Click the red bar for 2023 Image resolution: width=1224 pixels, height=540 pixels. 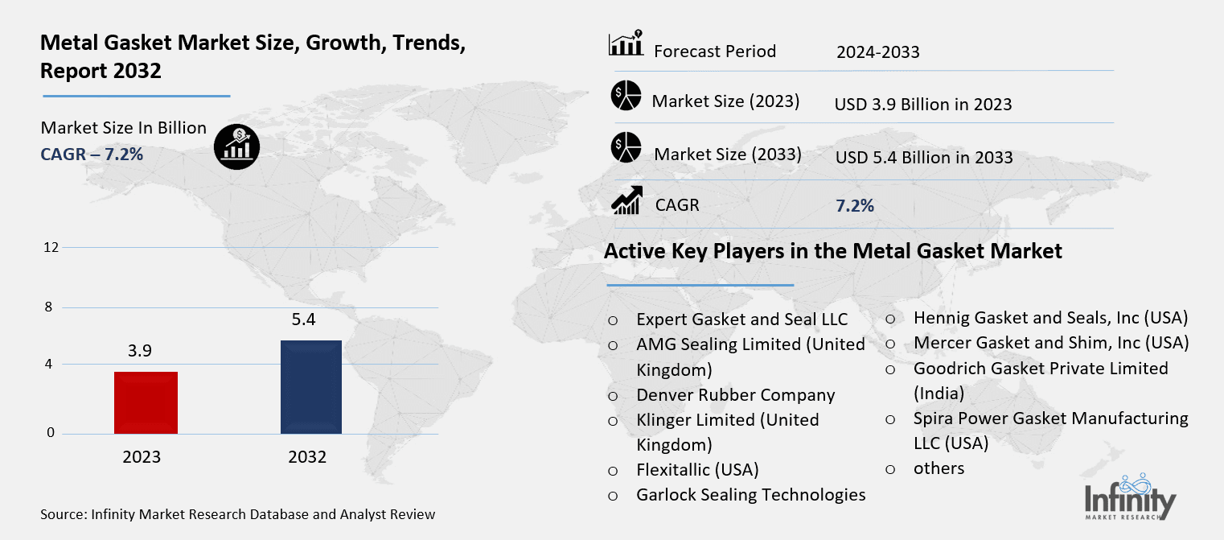click(146, 402)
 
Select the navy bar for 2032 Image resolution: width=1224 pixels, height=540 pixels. click(310, 387)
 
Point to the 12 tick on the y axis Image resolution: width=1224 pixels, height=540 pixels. click(51, 247)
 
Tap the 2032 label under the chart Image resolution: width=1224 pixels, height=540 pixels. click(307, 457)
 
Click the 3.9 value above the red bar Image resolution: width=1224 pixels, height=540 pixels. click(140, 351)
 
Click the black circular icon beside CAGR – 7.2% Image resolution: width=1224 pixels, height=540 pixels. click(236, 145)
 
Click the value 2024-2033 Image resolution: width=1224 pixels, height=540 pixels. click(877, 53)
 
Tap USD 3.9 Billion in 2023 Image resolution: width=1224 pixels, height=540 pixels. click(922, 105)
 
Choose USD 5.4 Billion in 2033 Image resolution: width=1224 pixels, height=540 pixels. click(923, 158)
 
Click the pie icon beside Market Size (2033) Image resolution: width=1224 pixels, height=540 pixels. click(625, 147)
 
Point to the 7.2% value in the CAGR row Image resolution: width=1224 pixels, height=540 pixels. click(854, 205)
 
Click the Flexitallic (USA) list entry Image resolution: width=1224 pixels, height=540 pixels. click(696, 469)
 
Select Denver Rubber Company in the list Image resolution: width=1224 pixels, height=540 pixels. click(735, 395)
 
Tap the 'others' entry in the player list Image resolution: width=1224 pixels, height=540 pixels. click(938, 468)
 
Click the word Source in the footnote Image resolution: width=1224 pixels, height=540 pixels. click(63, 514)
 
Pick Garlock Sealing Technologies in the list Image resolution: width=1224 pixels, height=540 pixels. click(750, 495)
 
